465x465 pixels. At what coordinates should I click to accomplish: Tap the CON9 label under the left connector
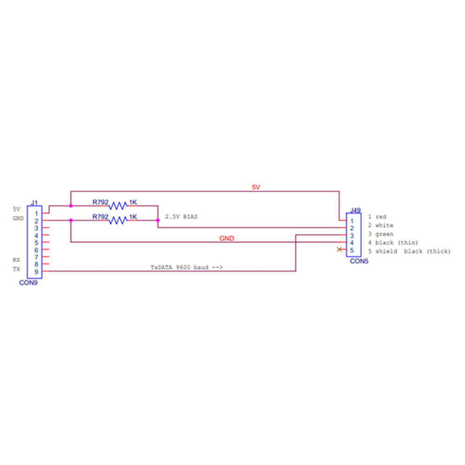click(x=28, y=282)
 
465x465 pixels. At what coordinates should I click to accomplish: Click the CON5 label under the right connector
click(x=359, y=261)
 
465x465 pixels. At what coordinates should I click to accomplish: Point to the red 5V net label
click(x=256, y=187)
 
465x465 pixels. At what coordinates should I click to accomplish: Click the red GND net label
click(x=226, y=239)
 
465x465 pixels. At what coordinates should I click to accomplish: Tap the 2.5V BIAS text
click(x=181, y=217)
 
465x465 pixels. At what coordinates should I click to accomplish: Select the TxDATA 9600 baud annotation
click(x=186, y=267)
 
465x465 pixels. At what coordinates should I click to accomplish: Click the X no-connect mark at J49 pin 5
click(x=339, y=250)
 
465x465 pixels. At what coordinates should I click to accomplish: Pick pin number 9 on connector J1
click(x=36, y=272)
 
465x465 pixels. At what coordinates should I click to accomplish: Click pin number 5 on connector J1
click(x=36, y=242)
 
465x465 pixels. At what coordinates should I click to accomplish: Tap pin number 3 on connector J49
click(x=352, y=235)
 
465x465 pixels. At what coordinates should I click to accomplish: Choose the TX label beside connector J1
click(x=17, y=269)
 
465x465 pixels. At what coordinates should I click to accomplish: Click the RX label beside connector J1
click(x=17, y=260)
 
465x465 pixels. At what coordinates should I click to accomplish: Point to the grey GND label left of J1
click(x=18, y=218)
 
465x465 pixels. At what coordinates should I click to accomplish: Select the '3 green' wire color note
click(x=380, y=234)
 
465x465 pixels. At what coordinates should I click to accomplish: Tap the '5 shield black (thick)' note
click(x=409, y=251)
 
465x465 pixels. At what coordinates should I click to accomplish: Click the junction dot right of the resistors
click(x=158, y=220)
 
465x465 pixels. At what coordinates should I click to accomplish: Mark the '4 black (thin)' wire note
click(x=393, y=243)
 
